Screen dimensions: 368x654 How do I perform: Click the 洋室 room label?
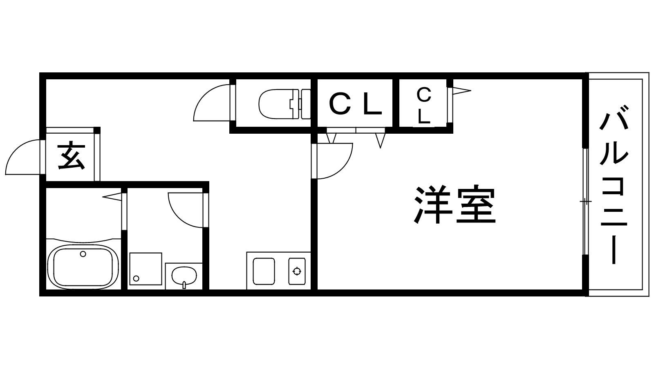[x=455, y=205]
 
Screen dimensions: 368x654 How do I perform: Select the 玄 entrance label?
[x=71, y=156]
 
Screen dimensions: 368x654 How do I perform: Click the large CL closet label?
[x=355, y=104]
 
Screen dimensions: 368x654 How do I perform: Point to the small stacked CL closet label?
[x=424, y=105]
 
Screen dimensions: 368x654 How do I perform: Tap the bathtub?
[x=83, y=266]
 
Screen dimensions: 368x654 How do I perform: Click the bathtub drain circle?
[x=83, y=254]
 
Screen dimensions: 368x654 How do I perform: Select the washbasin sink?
[x=184, y=276]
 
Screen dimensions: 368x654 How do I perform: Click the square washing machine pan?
[x=146, y=269]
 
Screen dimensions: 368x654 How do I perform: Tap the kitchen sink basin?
[x=264, y=271]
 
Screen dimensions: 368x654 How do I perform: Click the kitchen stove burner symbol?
[x=296, y=271]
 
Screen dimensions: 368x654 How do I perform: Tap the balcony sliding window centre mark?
[x=585, y=202]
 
